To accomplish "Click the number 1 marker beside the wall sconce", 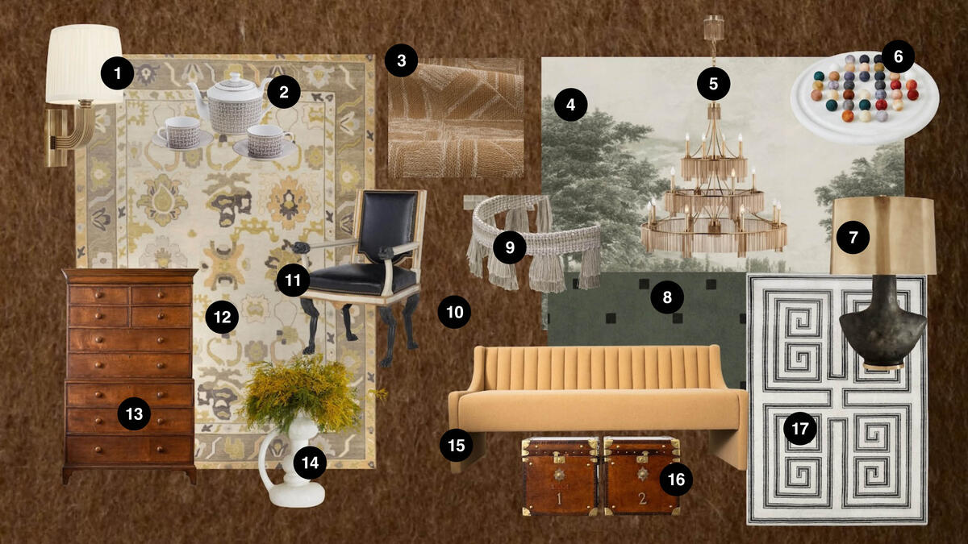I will [x=118, y=75].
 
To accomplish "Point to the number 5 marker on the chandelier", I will [x=714, y=83].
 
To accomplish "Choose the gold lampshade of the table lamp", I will [x=882, y=234].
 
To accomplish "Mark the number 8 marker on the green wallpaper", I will [x=667, y=298].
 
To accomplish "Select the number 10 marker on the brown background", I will [x=455, y=311].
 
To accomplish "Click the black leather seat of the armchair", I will [x=363, y=278].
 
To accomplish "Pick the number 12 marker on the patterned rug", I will [x=222, y=318].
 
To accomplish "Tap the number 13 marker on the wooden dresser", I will [x=134, y=414].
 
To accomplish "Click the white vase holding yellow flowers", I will [x=290, y=467].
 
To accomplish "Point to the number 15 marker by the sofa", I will [x=457, y=445].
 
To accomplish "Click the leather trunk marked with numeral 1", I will [x=559, y=477].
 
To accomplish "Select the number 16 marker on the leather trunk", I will [x=676, y=480].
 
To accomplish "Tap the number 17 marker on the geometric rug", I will [x=799, y=429].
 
